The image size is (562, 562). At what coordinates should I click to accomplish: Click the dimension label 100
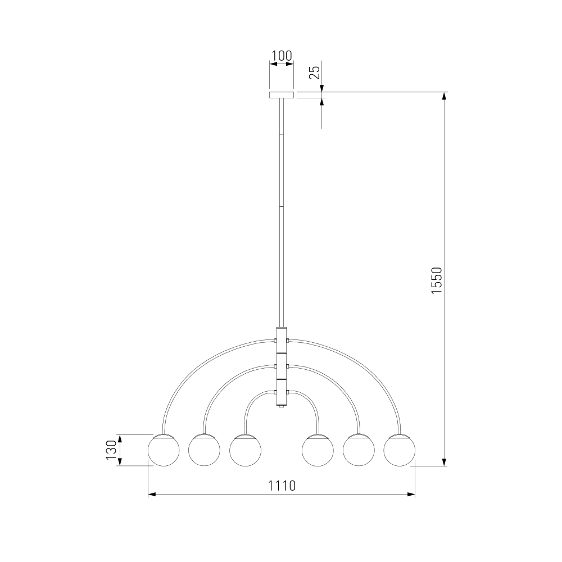(x=282, y=56)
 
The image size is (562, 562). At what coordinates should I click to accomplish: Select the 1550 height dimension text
(x=437, y=280)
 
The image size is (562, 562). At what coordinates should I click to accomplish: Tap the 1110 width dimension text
(x=282, y=486)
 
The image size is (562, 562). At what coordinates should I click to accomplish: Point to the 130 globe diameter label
(x=111, y=450)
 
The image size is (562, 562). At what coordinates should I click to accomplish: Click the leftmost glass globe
(x=164, y=450)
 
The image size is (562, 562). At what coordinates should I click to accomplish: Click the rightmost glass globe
(x=399, y=450)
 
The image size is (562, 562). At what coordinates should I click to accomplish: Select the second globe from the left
(x=205, y=450)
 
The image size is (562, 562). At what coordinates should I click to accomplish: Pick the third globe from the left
(x=245, y=450)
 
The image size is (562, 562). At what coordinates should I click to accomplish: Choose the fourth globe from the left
(x=318, y=450)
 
